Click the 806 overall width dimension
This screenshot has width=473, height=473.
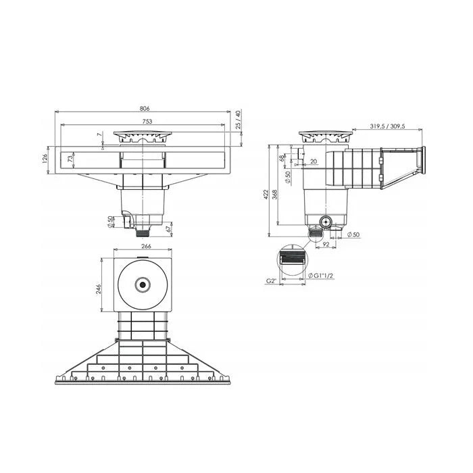coord(145,108)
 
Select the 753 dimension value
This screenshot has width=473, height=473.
coord(147,122)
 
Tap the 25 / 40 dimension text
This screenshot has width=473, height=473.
coord(239,120)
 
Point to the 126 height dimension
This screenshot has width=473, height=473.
coord(45,159)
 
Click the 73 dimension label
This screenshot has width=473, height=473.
coord(70,159)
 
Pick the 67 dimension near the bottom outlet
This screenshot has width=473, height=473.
coord(169,228)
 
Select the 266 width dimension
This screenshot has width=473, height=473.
coord(146,246)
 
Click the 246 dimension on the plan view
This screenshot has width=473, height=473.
coord(98,289)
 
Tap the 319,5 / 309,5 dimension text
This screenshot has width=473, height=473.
coord(387,126)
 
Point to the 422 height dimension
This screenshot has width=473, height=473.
coord(266,195)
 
